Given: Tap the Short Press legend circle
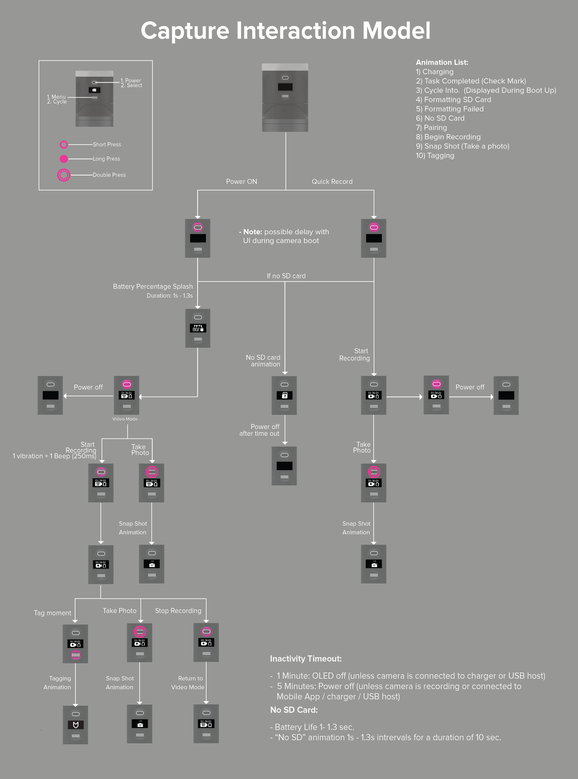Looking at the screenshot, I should coord(64,144).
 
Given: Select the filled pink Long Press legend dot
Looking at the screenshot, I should coord(64,159).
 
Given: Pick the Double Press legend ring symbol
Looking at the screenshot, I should coord(64,175).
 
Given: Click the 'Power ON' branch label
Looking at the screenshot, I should coord(241,181).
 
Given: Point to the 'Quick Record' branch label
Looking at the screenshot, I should coord(332,181).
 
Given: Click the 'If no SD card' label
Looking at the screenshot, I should coord(286,276).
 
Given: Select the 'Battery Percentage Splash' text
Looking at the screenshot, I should coord(153,286).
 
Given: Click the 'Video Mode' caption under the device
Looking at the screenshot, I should coord(125,419).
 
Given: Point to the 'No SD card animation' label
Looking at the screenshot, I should coord(264,361).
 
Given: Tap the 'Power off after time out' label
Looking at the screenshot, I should coord(260,430).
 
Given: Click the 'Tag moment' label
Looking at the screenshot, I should coord(52,613).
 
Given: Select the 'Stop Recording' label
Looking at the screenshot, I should coord(178,611).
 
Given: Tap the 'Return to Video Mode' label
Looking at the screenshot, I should coord(188,682).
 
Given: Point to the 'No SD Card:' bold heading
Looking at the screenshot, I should coord(294,710).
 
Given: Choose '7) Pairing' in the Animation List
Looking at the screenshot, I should coord(431,128).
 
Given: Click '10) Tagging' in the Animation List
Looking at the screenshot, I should coord(435,156).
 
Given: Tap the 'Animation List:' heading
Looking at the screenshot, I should coord(442,62).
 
